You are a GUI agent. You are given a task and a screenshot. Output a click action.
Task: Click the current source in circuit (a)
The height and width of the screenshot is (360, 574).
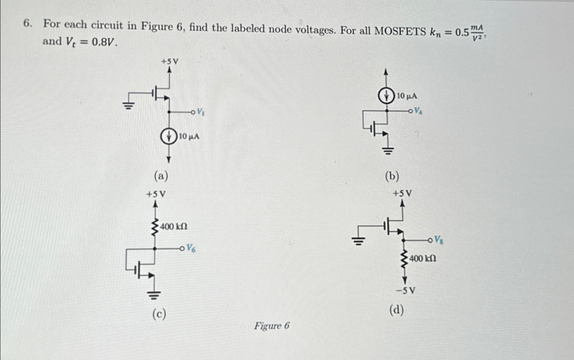point(168,137)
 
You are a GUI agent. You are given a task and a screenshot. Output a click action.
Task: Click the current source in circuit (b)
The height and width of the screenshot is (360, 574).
point(387,96)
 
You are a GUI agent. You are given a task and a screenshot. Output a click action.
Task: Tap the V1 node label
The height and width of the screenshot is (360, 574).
point(200,112)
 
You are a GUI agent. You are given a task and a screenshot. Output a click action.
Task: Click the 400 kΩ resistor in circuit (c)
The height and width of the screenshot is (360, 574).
point(155,227)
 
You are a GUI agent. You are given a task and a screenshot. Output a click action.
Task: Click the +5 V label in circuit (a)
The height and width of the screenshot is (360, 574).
point(170,62)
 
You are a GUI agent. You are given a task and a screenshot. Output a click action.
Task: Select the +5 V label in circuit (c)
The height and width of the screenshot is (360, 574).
point(155,194)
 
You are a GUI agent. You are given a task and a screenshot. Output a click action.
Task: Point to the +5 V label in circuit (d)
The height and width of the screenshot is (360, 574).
point(402,193)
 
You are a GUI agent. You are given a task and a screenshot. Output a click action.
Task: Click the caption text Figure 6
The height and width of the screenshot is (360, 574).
point(272,326)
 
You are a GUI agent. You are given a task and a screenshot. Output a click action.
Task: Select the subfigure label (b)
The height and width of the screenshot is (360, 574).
point(392,176)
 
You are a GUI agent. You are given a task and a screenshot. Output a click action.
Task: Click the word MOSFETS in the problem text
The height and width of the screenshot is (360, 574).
point(401,31)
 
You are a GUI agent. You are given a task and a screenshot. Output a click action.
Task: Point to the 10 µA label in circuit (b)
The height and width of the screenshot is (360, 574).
point(406,96)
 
